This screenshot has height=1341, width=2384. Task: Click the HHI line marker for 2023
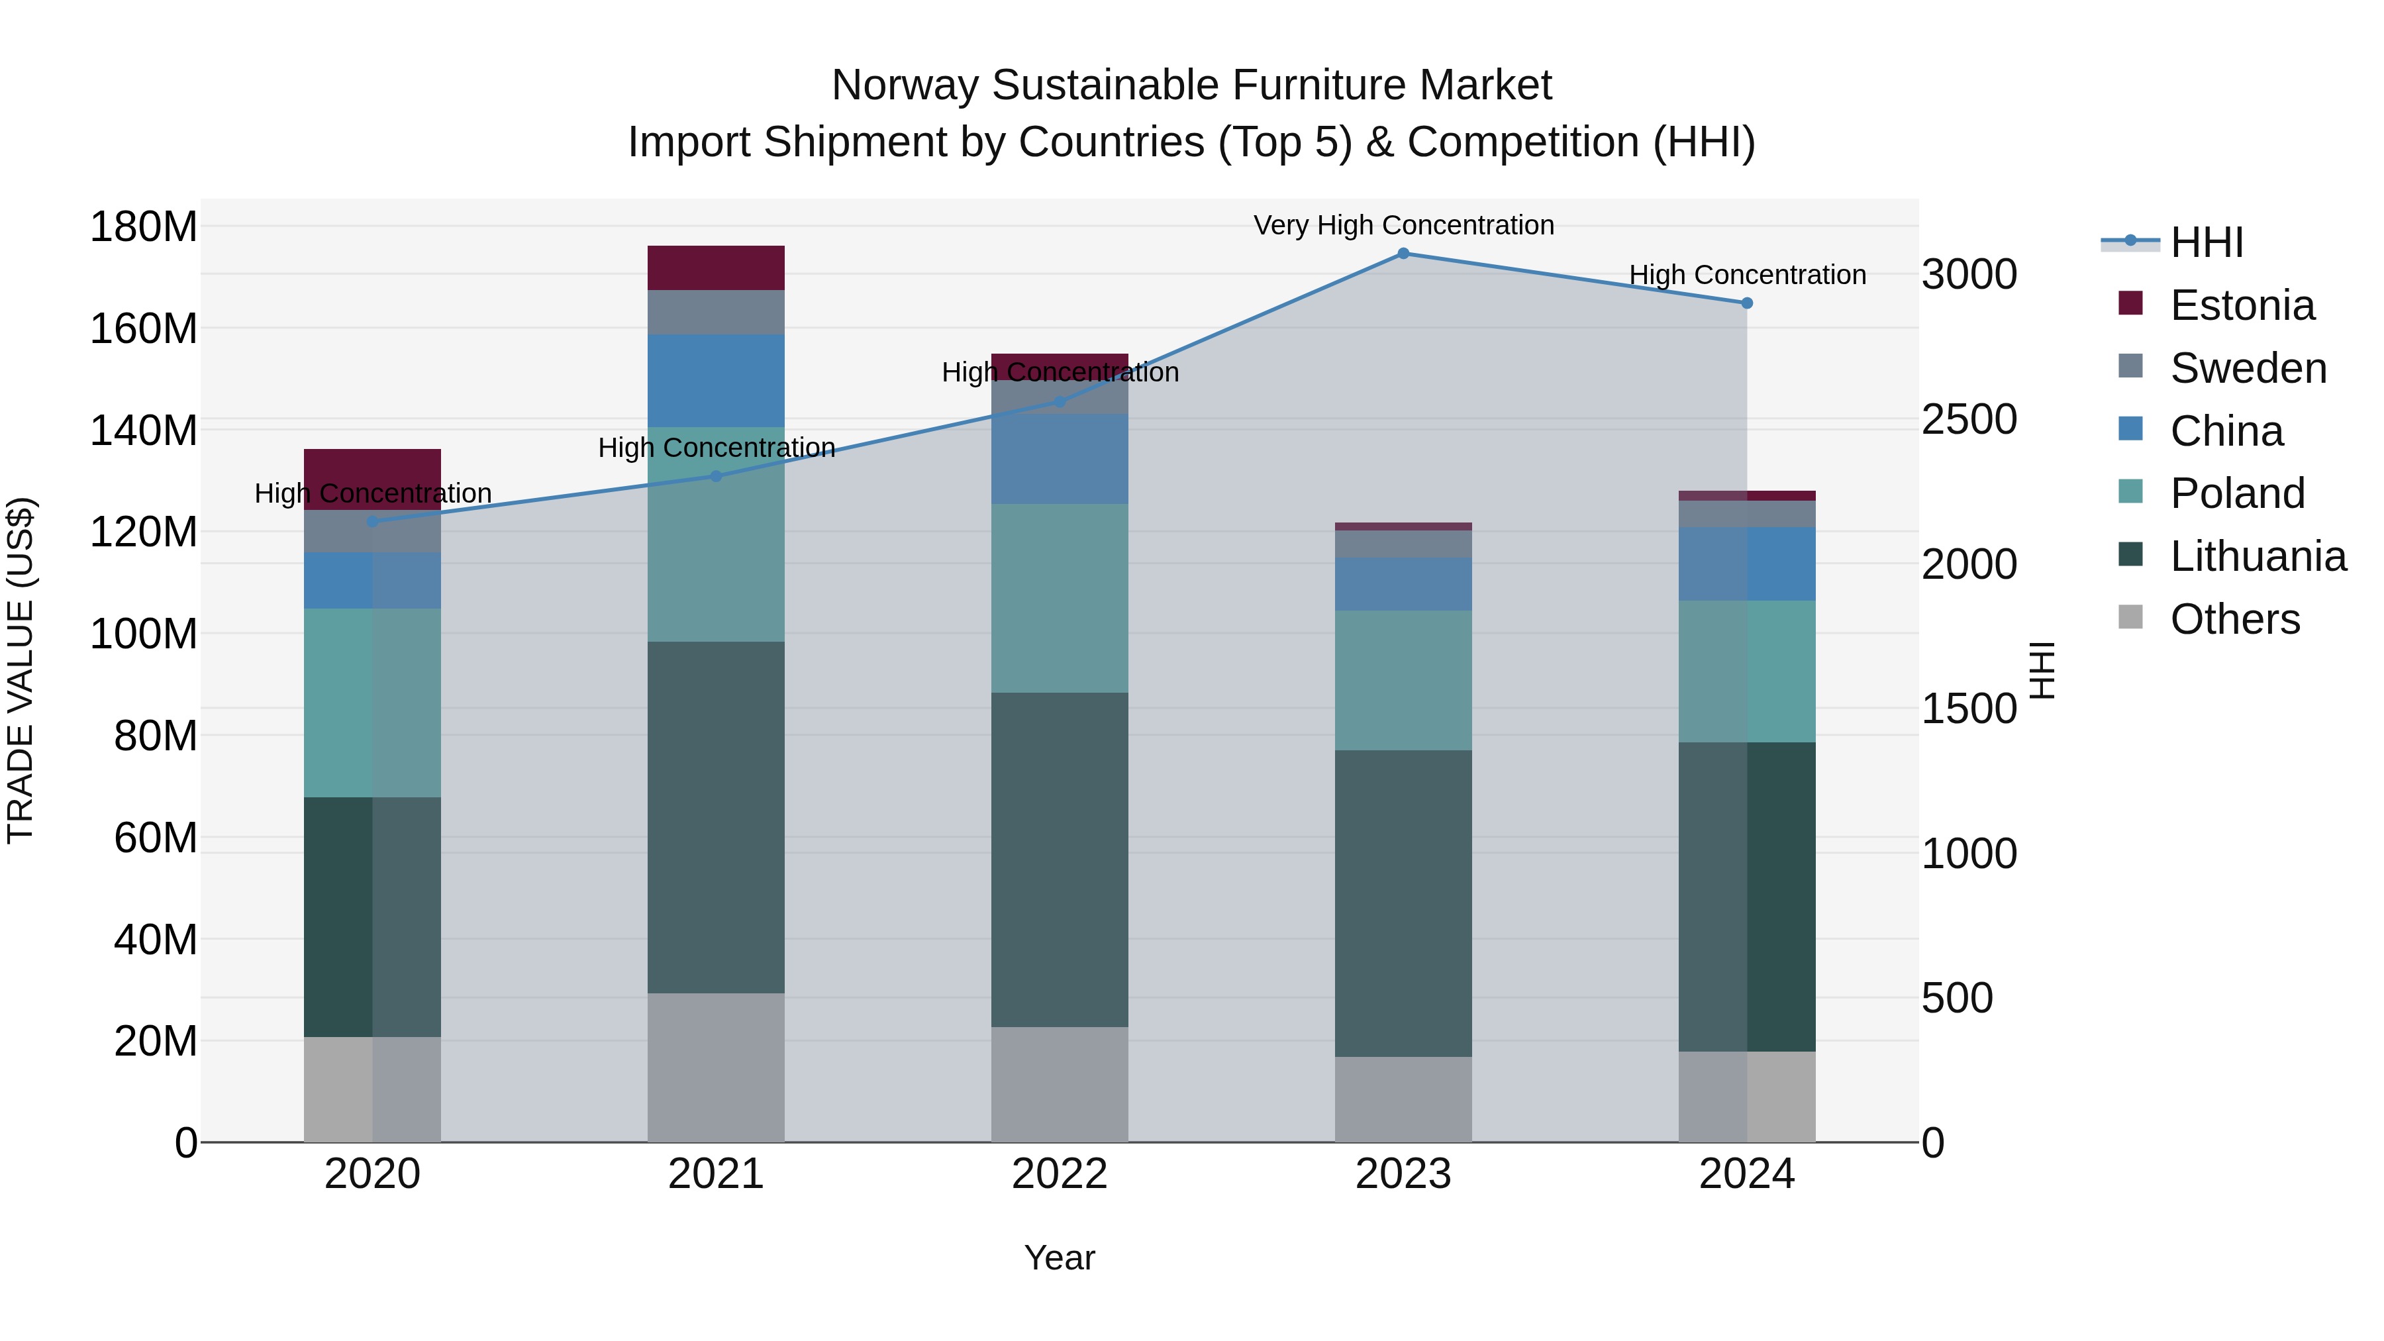[1403, 254]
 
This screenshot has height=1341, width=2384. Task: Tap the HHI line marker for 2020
[373, 521]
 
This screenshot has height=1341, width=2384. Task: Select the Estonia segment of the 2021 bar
[715, 268]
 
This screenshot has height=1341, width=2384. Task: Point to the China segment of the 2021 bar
[715, 380]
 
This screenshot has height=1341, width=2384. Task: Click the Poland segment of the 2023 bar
[1403, 679]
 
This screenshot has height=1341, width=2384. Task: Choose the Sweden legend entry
[2247, 368]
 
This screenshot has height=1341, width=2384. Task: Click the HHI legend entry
[2207, 242]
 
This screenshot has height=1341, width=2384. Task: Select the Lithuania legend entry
[2258, 556]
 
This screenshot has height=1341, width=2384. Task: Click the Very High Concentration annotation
[1403, 225]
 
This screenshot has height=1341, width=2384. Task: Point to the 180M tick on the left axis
[144, 226]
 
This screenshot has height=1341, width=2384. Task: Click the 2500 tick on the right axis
[1969, 419]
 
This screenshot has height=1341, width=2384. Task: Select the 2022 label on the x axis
[1060, 1174]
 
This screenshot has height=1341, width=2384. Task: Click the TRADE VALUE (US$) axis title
[21, 670]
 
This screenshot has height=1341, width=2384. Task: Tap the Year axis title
[1060, 1258]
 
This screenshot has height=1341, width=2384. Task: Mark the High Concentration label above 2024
[1746, 275]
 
